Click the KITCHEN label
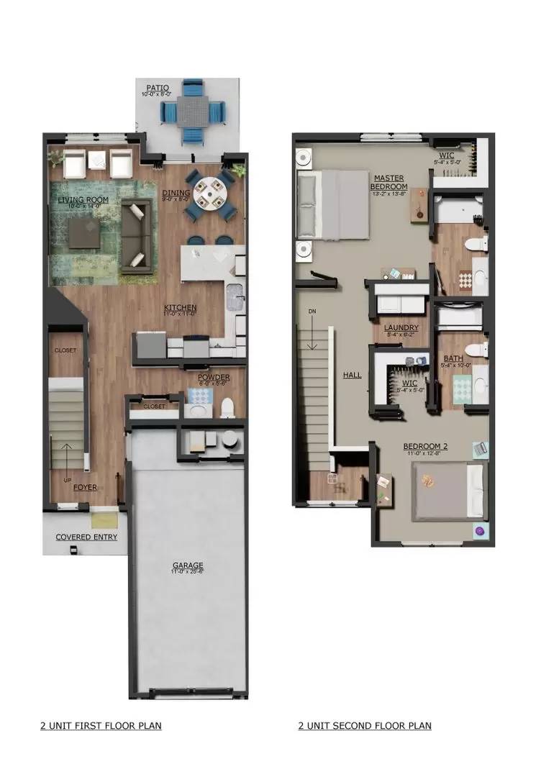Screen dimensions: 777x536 click(180, 308)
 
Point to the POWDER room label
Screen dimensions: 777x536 click(214, 377)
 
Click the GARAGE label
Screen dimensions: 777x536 click(187, 565)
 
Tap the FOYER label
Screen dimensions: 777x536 click(85, 487)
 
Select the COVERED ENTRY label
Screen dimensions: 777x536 click(86, 537)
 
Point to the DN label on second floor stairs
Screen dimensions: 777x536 click(311, 311)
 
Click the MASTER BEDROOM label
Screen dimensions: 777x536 click(389, 182)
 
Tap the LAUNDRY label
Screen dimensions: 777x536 click(401, 328)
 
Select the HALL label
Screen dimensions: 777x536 click(352, 375)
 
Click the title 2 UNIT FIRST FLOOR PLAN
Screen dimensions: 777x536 click(101, 725)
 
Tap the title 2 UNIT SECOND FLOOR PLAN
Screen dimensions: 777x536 click(365, 725)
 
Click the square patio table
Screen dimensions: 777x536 click(193, 109)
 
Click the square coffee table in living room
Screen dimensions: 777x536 click(85, 230)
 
